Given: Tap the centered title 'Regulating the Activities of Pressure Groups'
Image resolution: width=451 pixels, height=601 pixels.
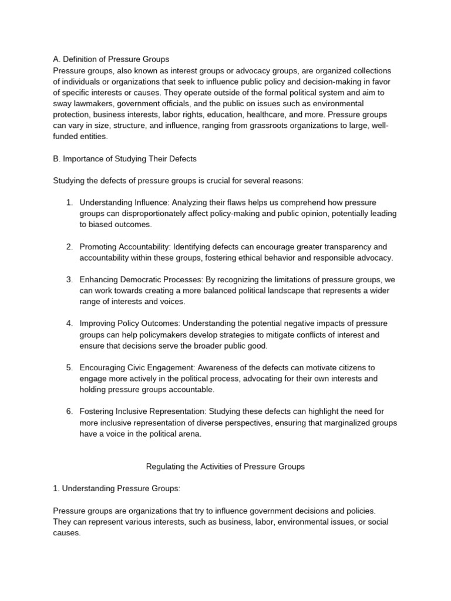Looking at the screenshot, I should pyautogui.click(x=225, y=467).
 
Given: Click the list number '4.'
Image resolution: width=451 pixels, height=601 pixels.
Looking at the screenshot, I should pyautogui.click(x=69, y=323).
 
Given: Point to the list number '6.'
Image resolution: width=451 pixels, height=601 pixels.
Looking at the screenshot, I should pyautogui.click(x=69, y=411).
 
